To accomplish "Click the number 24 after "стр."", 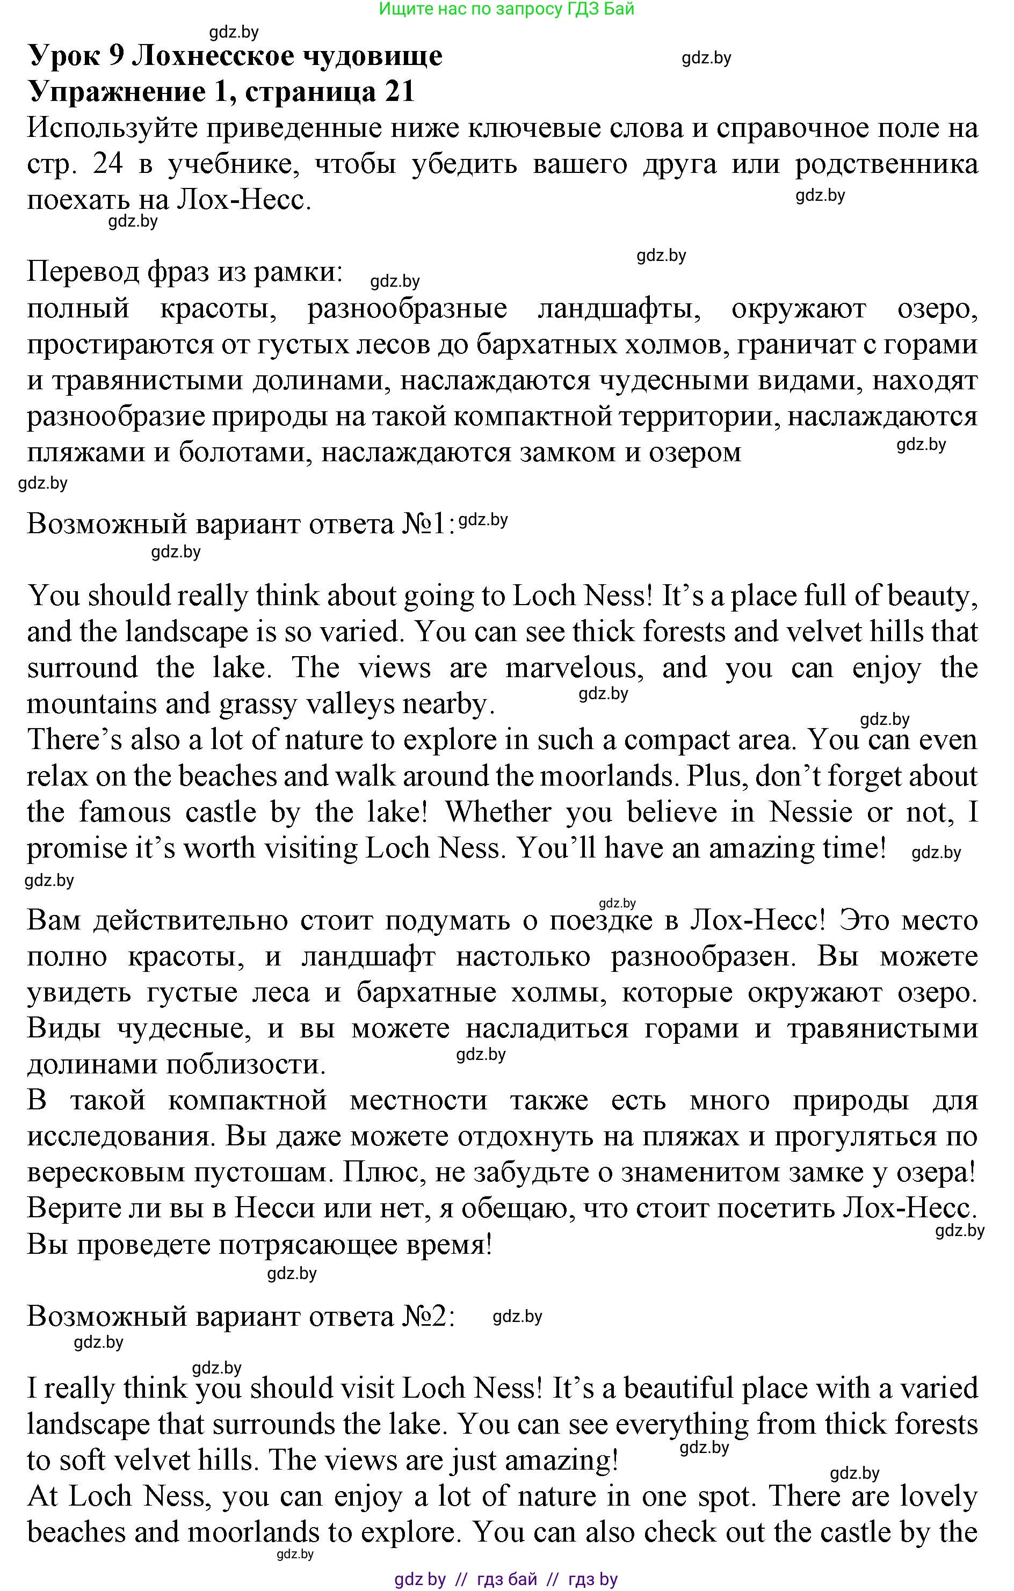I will coord(108,164).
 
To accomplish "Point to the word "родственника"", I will coord(886,164).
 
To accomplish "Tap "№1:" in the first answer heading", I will coord(429,524).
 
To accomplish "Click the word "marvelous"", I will coord(574,668).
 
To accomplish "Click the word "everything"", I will coord(682,1425).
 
